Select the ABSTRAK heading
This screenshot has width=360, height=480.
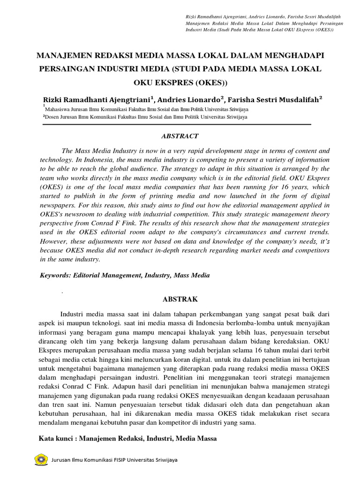click(x=180, y=299)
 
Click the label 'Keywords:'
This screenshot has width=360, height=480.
click(x=55, y=276)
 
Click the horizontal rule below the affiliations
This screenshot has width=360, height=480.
click(x=177, y=125)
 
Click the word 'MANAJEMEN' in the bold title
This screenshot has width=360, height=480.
click(x=66, y=56)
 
